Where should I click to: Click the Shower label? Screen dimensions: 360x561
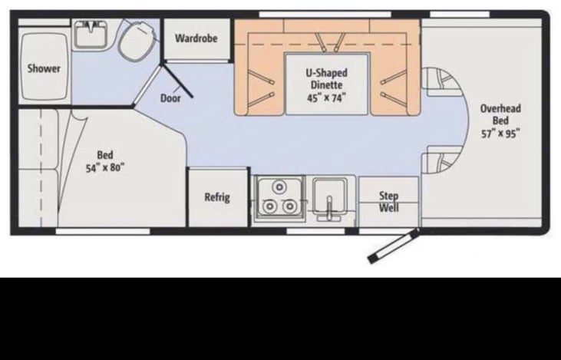pos(44,68)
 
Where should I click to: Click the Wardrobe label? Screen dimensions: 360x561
pos(196,38)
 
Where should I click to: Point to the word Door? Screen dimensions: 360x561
pos(170,98)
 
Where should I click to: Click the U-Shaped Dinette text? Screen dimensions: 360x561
pos(326,79)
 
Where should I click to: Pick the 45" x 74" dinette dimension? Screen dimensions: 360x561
pos(326,97)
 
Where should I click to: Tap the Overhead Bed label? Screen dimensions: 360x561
pos(500,114)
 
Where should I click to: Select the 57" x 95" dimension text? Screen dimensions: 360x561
pos(500,133)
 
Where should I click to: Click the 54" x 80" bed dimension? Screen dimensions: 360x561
pos(104,167)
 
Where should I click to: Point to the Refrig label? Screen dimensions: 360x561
pos(216,197)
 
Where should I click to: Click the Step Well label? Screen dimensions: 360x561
pos(389,202)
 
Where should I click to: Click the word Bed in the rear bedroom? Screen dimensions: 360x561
pos(104,154)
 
